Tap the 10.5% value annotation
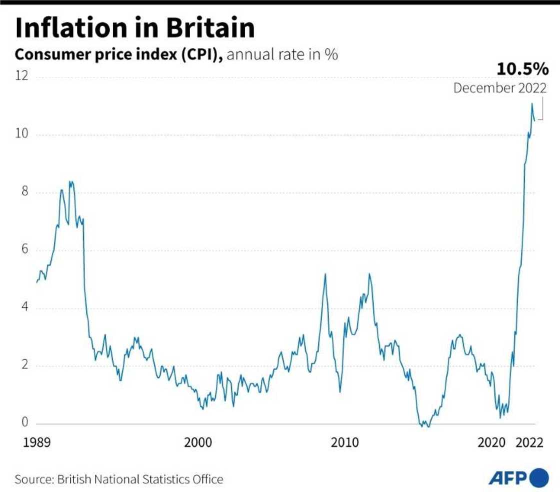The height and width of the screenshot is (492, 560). tap(522, 69)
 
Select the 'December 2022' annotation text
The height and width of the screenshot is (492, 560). tap(500, 88)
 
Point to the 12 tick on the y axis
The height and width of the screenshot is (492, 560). tap(22, 76)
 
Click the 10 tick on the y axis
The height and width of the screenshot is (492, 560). tap(22, 134)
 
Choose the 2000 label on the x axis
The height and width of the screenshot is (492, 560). tap(198, 442)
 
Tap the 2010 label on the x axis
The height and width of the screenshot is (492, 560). tap(345, 442)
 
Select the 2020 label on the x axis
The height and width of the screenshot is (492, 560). tap(492, 442)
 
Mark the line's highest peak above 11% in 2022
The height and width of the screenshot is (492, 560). tap(532, 103)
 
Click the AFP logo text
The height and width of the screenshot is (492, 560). tap(507, 478)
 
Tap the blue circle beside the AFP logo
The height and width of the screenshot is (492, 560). tap(539, 478)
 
